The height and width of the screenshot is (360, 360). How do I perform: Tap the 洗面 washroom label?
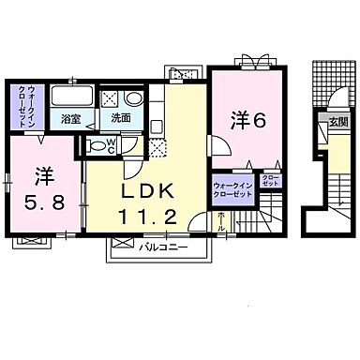tap(121, 120)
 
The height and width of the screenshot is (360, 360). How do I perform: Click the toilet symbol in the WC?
tap(97, 146)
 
